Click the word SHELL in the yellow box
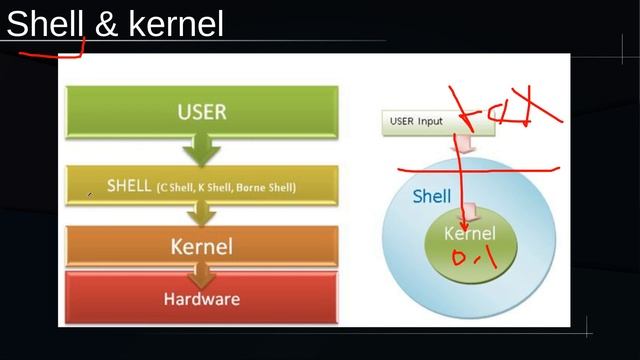[x=128, y=186]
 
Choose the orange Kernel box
[x=202, y=246]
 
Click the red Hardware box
[x=202, y=298]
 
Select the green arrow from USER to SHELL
[x=202, y=151]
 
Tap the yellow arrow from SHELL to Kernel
[x=202, y=212]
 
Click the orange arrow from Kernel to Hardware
[x=202, y=273]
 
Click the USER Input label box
[x=418, y=122]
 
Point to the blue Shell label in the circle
[x=431, y=197]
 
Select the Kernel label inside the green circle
[x=469, y=234]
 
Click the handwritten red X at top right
[x=534, y=108]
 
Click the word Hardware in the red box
[x=202, y=298]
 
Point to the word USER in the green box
[x=202, y=111]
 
